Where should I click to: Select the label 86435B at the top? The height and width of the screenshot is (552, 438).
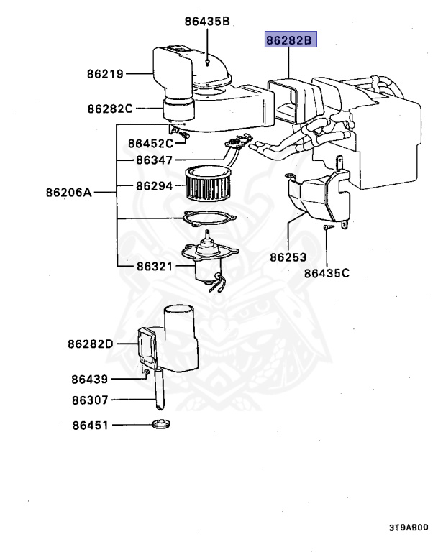click(206, 22)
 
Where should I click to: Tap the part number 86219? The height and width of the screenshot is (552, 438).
click(106, 73)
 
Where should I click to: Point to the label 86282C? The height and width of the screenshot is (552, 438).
click(110, 109)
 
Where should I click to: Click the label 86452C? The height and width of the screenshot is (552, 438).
click(151, 142)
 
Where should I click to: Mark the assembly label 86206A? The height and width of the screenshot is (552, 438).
click(69, 193)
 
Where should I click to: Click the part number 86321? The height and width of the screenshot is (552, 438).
click(155, 266)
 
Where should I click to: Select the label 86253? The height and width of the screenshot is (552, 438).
click(288, 257)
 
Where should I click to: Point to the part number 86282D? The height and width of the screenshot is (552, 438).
click(91, 344)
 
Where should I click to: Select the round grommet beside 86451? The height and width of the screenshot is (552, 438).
click(162, 425)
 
